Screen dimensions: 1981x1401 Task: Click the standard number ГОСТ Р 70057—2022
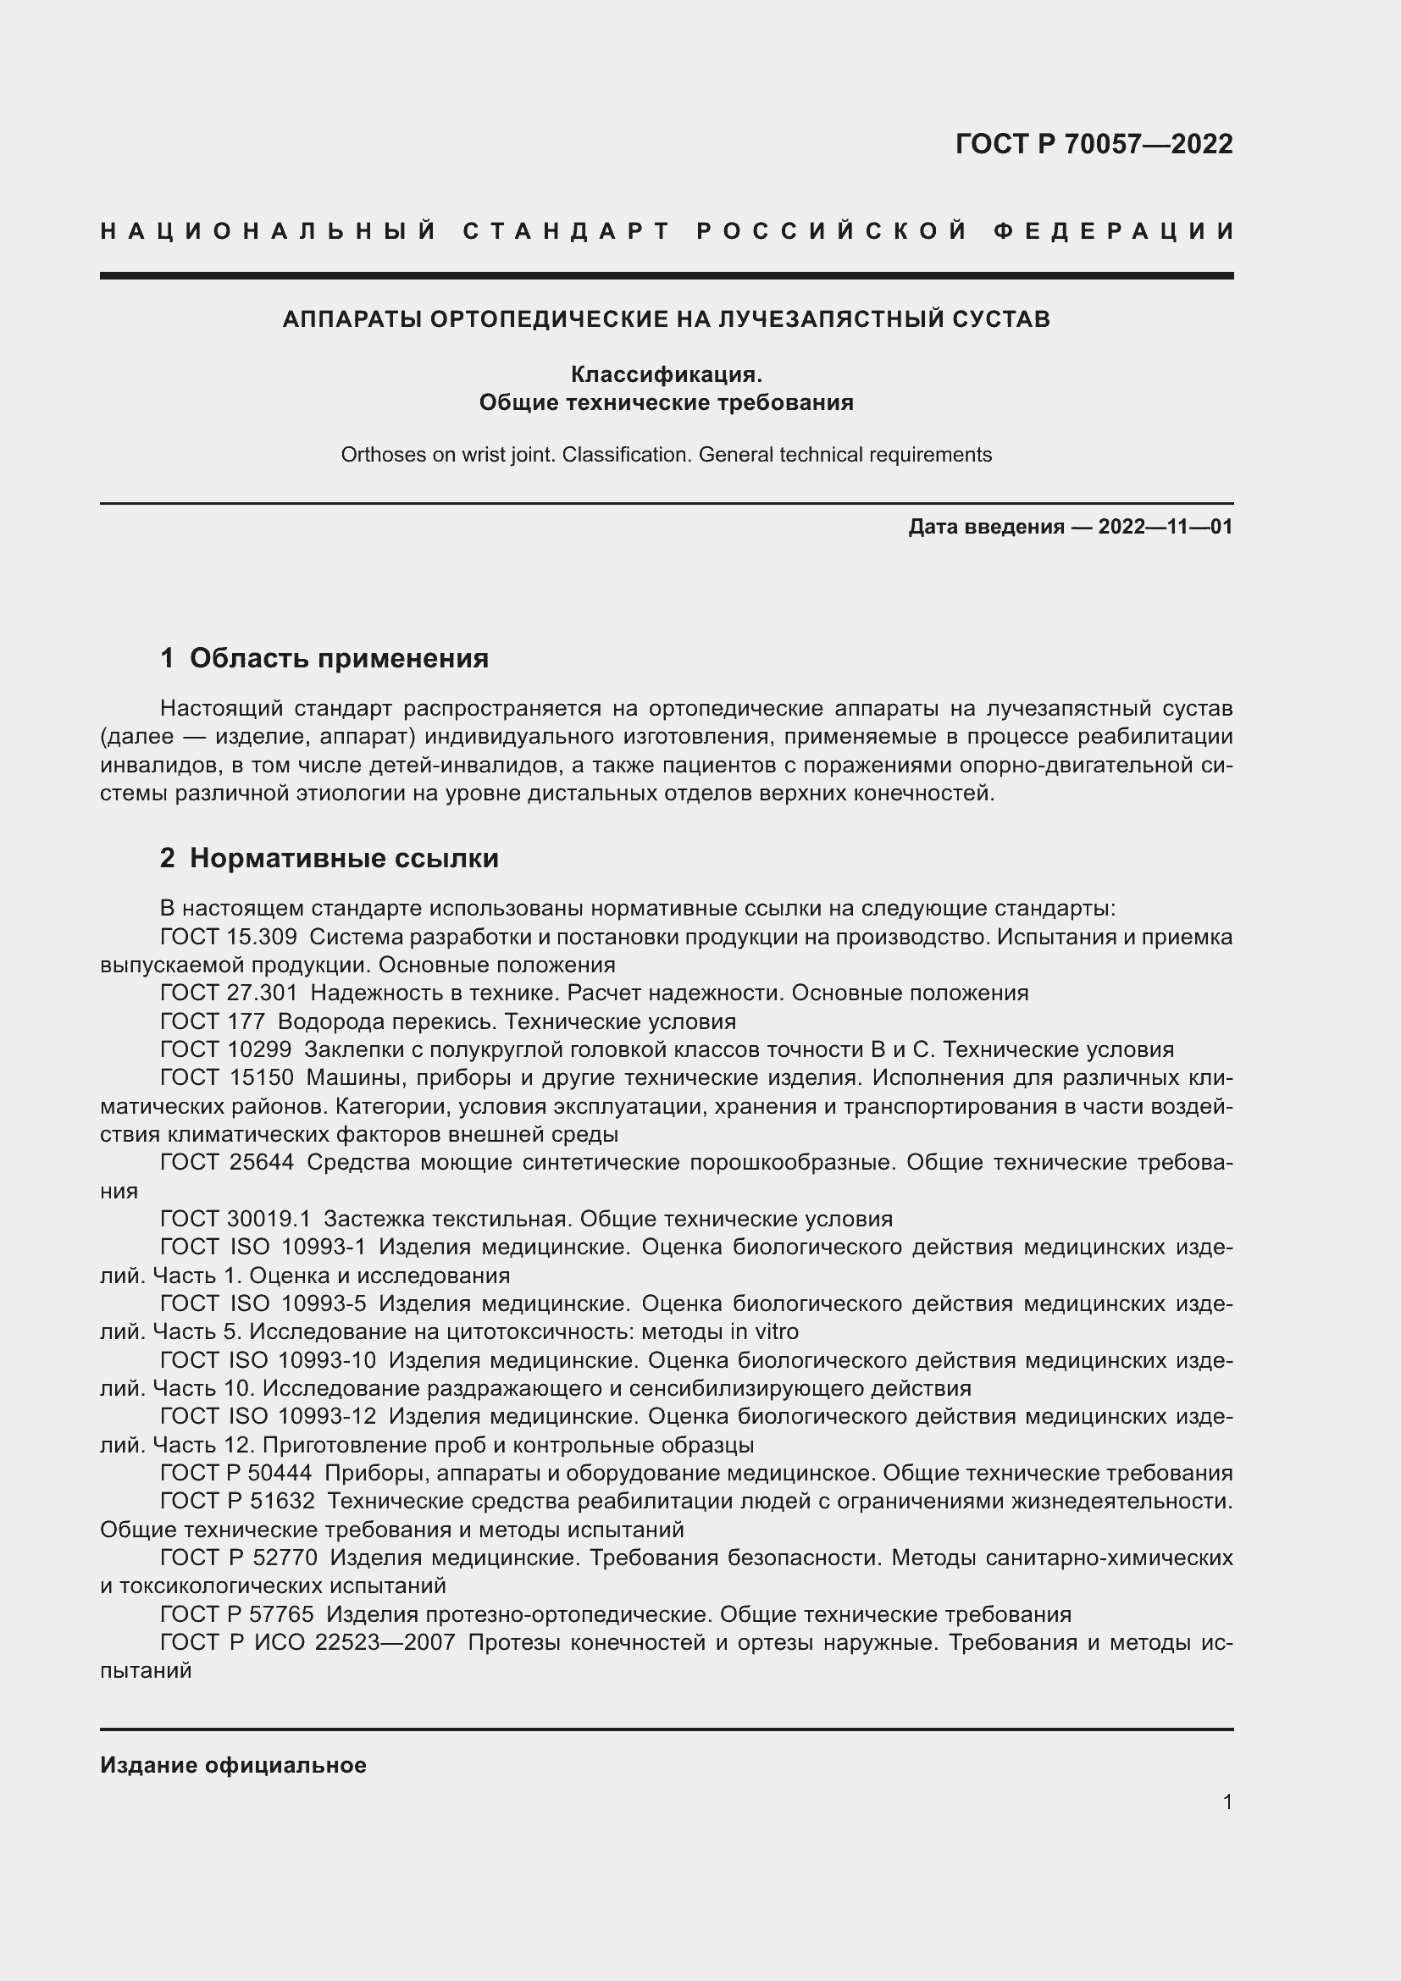[1094, 144]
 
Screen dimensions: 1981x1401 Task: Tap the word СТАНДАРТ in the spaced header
[566, 231]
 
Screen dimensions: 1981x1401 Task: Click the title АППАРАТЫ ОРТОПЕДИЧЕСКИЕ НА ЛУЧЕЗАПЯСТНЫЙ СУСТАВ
[666, 319]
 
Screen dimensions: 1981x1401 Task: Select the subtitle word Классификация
[666, 374]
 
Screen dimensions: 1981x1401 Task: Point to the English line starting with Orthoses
[666, 455]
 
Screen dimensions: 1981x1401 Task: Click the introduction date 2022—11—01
[1165, 526]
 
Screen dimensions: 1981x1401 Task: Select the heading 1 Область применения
[324, 658]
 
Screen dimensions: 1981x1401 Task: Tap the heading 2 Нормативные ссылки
[329, 858]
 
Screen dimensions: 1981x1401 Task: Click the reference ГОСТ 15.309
[229, 937]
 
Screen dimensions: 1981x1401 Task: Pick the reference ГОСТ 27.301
[229, 993]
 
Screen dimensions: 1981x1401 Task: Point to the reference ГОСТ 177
[213, 1021]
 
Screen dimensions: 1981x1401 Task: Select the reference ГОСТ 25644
[227, 1162]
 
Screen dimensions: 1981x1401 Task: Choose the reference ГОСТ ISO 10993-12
[269, 1417]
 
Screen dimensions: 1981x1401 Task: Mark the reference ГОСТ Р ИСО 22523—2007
[307, 1642]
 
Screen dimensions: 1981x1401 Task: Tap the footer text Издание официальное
[233, 1765]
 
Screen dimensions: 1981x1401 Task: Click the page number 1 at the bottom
[1227, 1801]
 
